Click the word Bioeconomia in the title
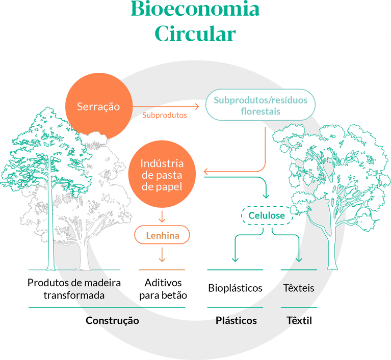coord(195,10)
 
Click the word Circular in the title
coord(195,34)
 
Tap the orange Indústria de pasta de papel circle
coord(162,175)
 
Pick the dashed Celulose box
coord(266,215)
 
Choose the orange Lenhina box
coord(162,235)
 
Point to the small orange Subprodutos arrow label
coord(164,115)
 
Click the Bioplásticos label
coord(235,288)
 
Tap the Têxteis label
coord(298,288)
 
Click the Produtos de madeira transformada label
coord(74,289)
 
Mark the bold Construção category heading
coord(112,321)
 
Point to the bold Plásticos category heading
coord(236,321)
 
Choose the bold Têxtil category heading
coord(299,321)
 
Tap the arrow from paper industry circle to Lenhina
coord(162,216)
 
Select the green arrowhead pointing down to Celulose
coord(266,196)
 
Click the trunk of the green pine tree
coord(50,224)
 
